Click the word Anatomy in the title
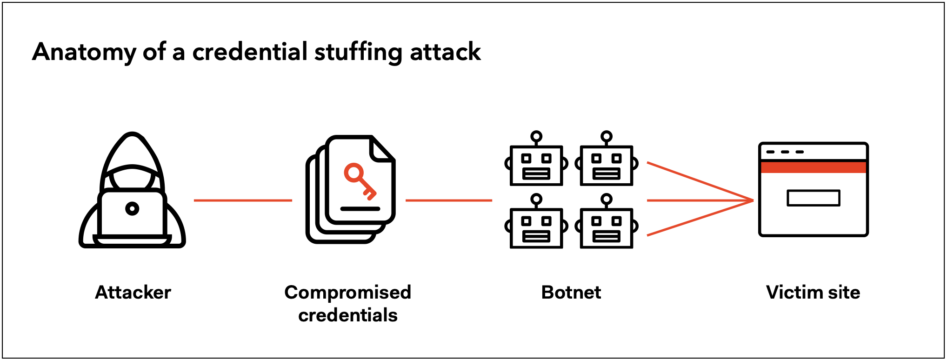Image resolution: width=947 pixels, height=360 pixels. point(84,52)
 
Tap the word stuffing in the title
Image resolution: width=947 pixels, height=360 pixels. point(358,52)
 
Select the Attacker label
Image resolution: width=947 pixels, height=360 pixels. point(133,293)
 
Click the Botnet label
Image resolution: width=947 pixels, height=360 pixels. point(571,293)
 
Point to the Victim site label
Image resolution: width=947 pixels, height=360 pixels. point(813,293)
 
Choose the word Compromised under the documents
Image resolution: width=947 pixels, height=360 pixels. point(348,293)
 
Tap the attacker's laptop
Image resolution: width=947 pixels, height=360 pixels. point(133,217)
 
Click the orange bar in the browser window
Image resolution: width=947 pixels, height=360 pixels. point(814,167)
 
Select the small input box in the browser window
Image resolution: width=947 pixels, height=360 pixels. point(814,198)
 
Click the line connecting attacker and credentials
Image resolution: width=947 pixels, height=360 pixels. point(243,200)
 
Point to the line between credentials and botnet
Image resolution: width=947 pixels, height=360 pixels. point(449,200)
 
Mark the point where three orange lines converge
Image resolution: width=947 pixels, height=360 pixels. point(753,200)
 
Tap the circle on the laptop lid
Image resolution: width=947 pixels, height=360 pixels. point(133,209)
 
